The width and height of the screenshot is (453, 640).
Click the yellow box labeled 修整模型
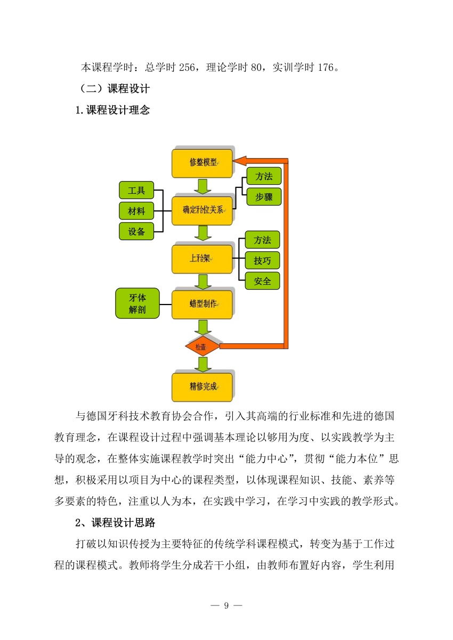[202, 163]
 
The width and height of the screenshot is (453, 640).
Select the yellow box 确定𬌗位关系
[202, 210]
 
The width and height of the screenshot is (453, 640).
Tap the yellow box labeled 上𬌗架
[202, 259]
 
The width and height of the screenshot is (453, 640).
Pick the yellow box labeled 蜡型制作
[202, 304]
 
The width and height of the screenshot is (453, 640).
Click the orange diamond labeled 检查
[203, 346]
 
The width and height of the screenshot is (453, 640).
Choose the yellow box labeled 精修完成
[202, 387]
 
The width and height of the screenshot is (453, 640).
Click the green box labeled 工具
[136, 190]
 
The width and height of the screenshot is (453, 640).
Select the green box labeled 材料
[136, 211]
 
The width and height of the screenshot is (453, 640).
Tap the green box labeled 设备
[136, 231]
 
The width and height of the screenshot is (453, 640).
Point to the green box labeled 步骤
[264, 196]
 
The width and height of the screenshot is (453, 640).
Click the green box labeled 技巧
[262, 260]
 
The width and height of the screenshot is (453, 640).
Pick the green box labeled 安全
[262, 281]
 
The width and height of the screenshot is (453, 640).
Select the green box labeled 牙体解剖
[137, 303]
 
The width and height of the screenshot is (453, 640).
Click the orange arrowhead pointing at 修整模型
[240, 161]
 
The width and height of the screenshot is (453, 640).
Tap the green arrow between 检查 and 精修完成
[203, 364]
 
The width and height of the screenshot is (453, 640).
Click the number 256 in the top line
[187, 68]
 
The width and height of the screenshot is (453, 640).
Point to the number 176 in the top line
[326, 68]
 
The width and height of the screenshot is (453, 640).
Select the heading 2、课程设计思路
[115, 522]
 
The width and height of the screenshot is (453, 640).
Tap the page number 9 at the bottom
[226, 605]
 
